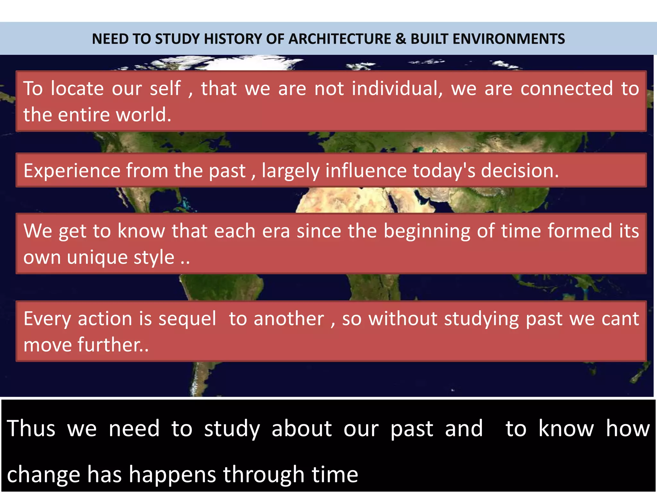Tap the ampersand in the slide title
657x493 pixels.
click(x=401, y=39)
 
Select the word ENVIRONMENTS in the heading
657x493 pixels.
click(x=488, y=39)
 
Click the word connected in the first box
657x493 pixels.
click(x=567, y=88)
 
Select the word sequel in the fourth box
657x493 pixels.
click(x=187, y=319)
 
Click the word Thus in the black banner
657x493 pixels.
click(x=31, y=428)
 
